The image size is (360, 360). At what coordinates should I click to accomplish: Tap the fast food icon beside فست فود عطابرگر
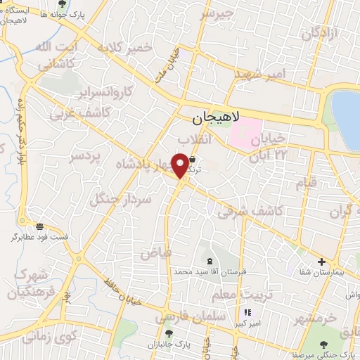(x=39, y=227)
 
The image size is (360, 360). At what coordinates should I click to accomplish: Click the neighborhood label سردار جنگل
(x=121, y=192)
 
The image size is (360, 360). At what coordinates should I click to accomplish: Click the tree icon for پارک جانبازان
(x=167, y=333)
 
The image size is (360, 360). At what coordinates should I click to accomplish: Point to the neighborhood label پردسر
(x=85, y=157)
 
